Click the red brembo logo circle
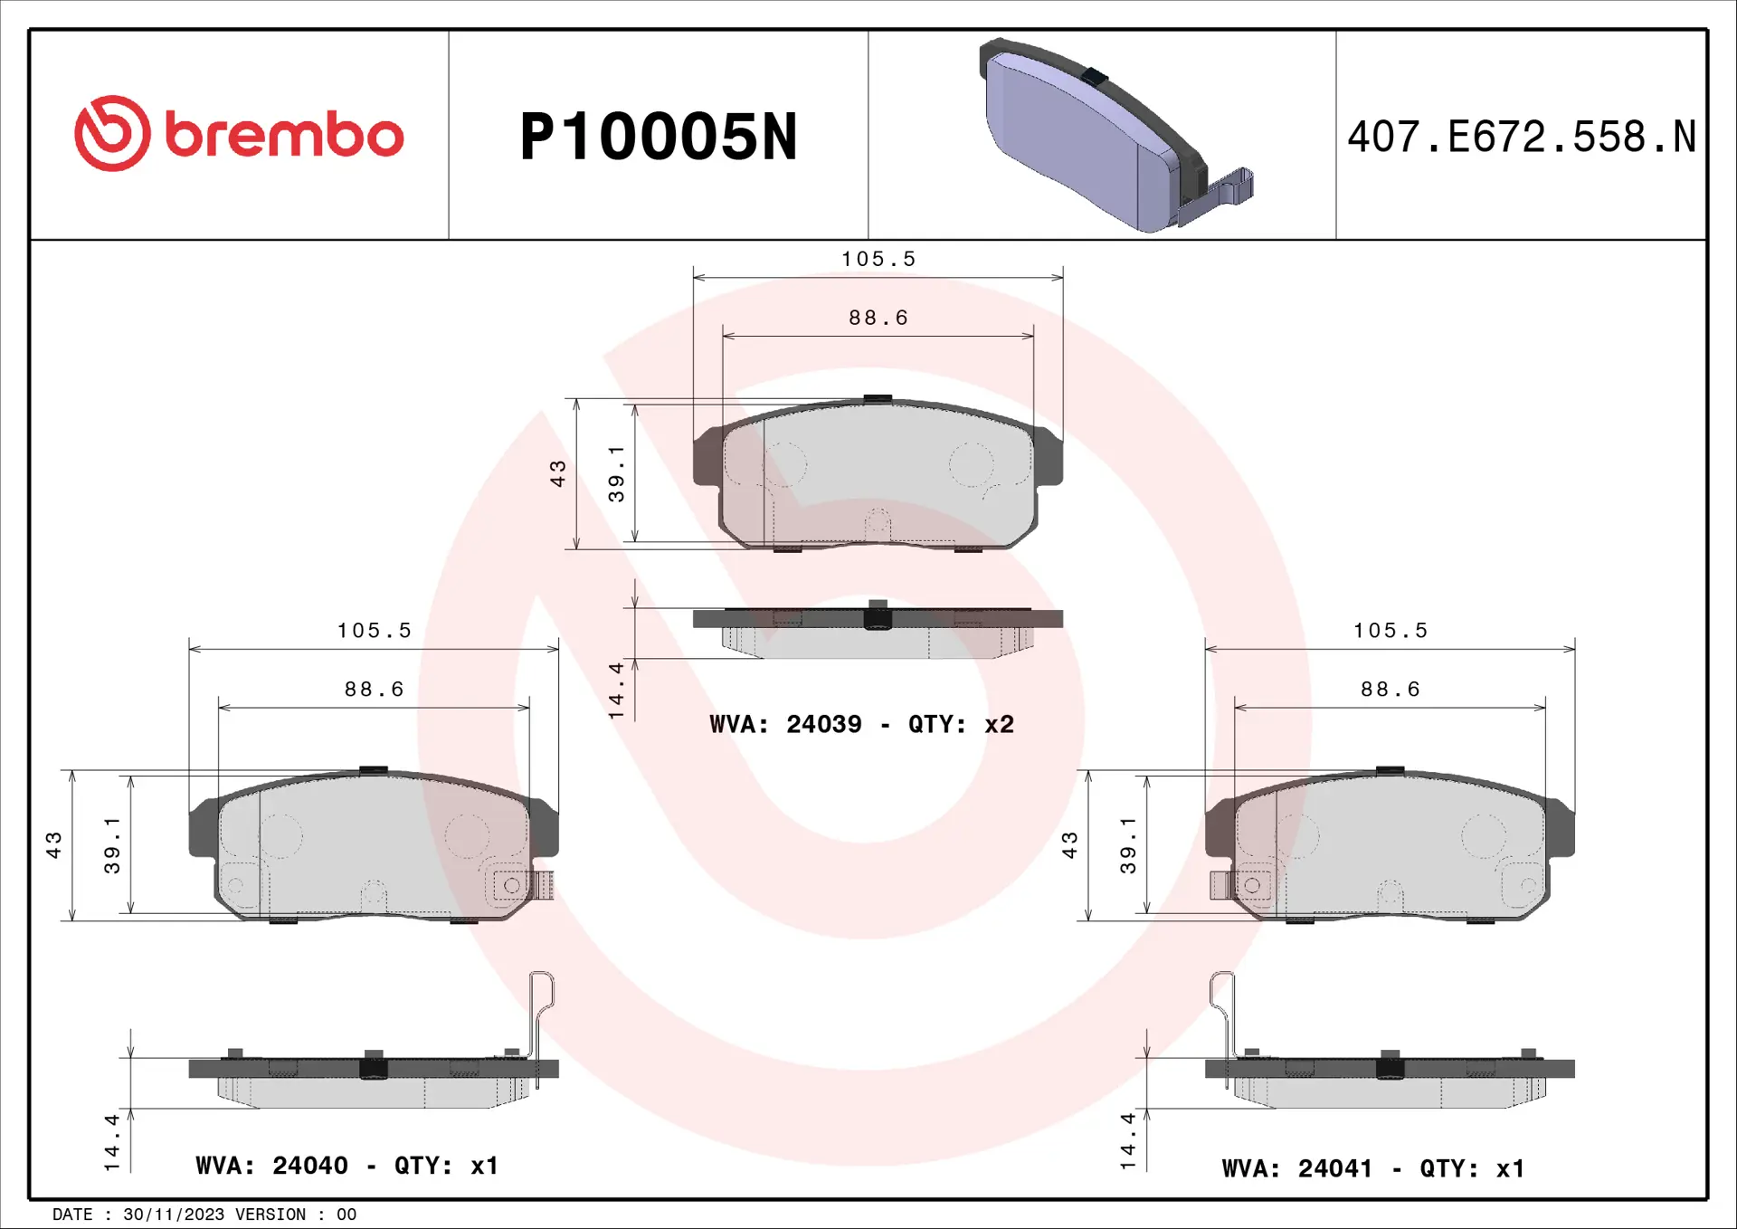tap(112, 133)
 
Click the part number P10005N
tap(659, 138)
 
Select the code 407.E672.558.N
tap(1522, 138)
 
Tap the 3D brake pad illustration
tap(1115, 135)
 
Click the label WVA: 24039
tap(785, 724)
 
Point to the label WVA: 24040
tap(271, 1166)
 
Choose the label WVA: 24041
tap(1297, 1168)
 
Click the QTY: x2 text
tap(961, 724)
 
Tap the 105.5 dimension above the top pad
tap(878, 260)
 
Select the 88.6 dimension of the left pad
tap(374, 690)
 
